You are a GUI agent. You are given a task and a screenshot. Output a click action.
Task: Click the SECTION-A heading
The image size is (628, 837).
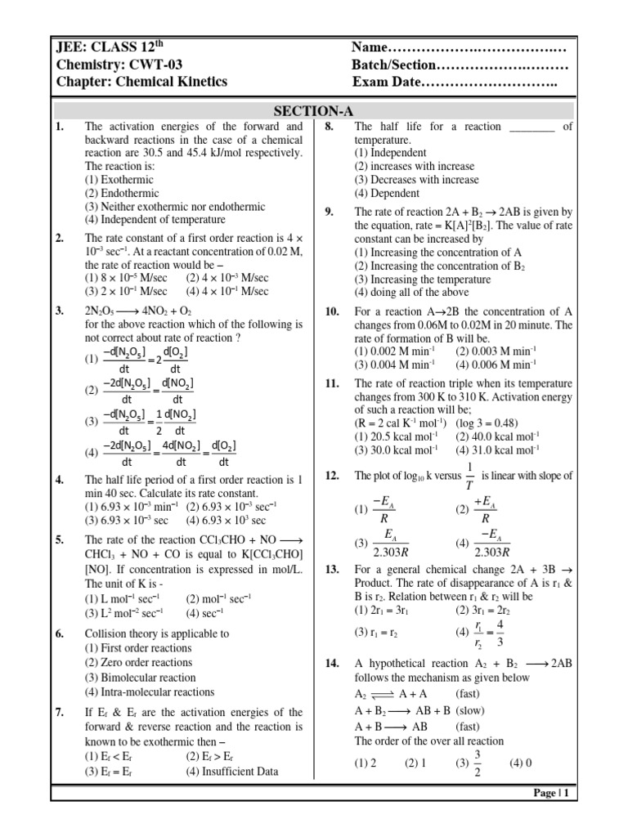click(314, 111)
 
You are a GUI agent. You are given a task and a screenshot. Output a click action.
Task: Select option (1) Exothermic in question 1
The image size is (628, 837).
click(115, 180)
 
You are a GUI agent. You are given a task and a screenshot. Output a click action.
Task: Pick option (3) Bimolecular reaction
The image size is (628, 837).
click(140, 678)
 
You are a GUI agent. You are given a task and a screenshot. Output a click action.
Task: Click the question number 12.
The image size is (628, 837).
click(332, 475)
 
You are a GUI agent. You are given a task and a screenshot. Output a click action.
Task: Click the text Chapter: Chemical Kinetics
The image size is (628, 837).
click(141, 83)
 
